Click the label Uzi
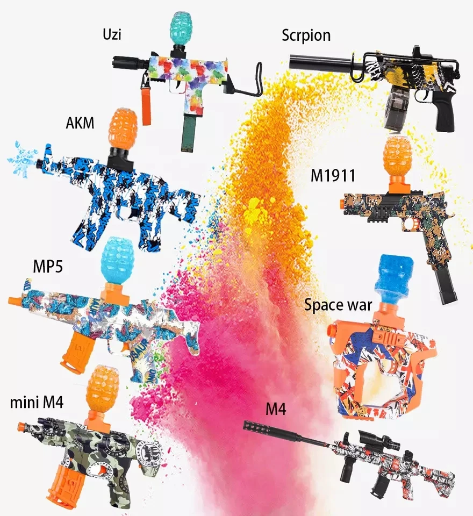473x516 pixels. [112, 36]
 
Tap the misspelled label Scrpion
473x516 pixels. [306, 36]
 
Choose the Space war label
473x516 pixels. [338, 305]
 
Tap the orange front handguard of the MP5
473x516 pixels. [76, 352]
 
